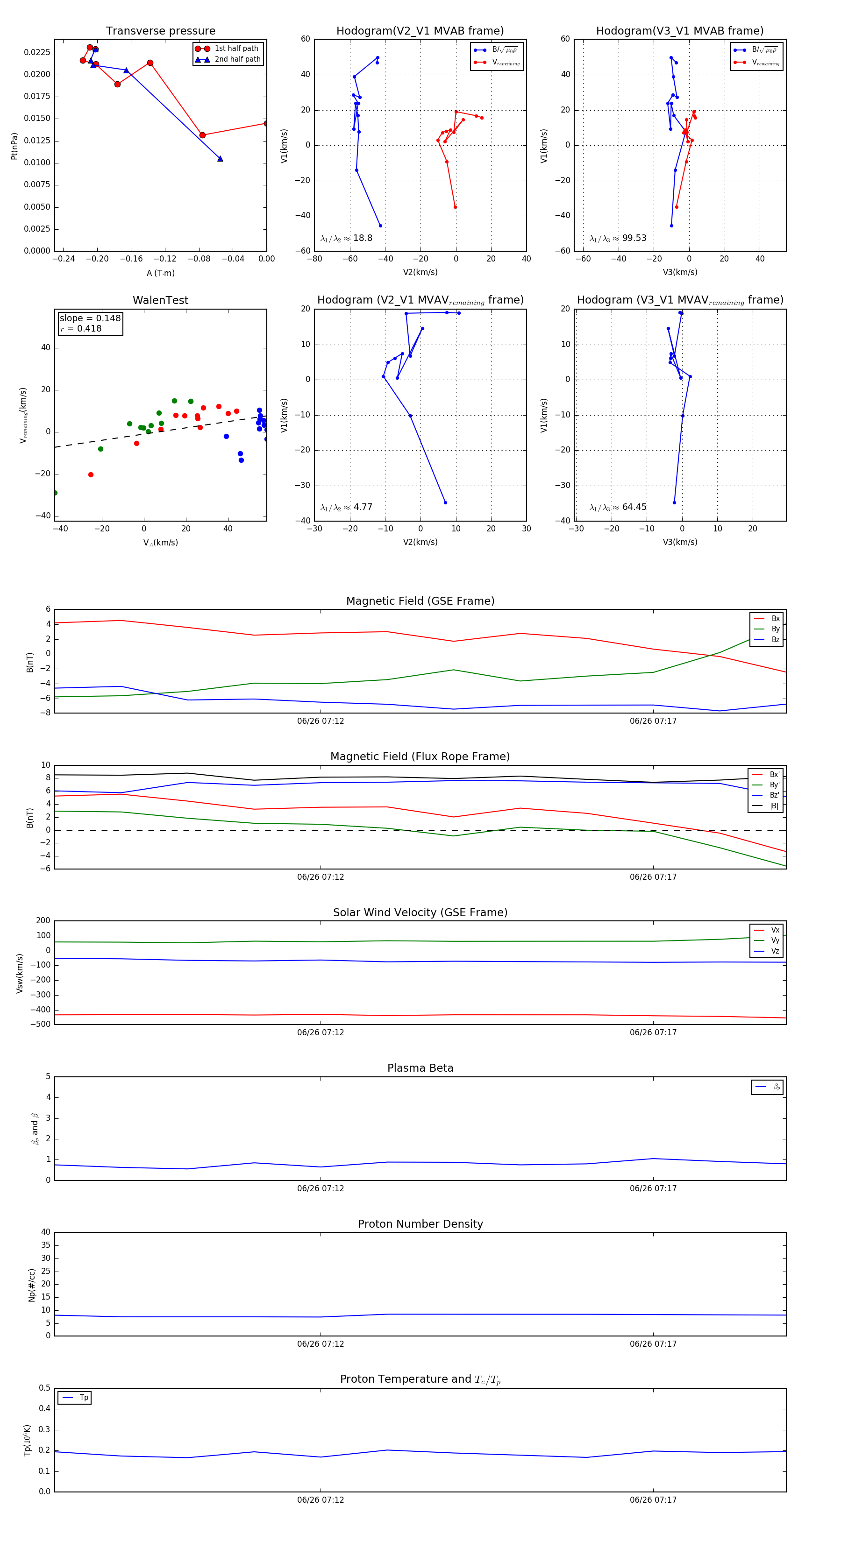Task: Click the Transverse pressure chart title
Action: click(160, 31)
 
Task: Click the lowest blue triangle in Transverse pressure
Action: click(220, 158)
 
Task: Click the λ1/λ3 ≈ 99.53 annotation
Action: click(618, 238)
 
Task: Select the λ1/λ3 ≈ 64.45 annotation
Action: click(618, 507)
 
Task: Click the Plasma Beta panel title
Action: click(420, 1068)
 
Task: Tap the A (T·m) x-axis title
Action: click(160, 273)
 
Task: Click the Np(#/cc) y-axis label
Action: click(32, 1285)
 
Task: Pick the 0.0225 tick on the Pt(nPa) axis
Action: click(37, 53)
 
